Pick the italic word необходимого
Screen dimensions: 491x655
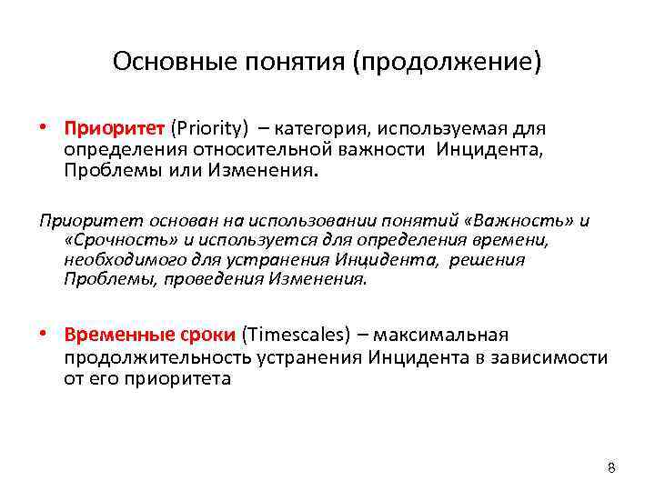117,260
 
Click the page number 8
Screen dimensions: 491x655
611,468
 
